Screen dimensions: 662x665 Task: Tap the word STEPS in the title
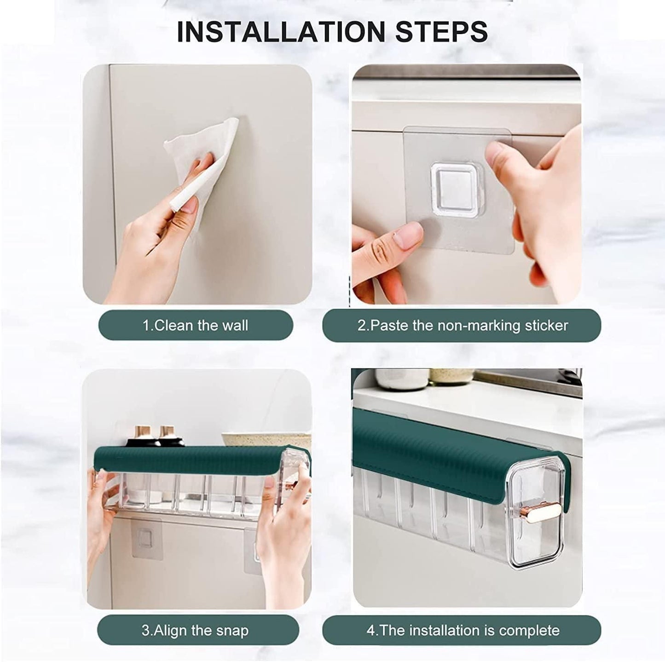pos(441,31)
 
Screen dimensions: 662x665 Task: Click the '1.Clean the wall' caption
pos(195,325)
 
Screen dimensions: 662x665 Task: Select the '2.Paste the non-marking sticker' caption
pos(462,325)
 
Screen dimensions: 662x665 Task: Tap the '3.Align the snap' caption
pos(195,630)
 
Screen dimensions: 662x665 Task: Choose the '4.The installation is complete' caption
pos(462,630)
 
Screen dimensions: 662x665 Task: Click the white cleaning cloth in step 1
pos(202,152)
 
